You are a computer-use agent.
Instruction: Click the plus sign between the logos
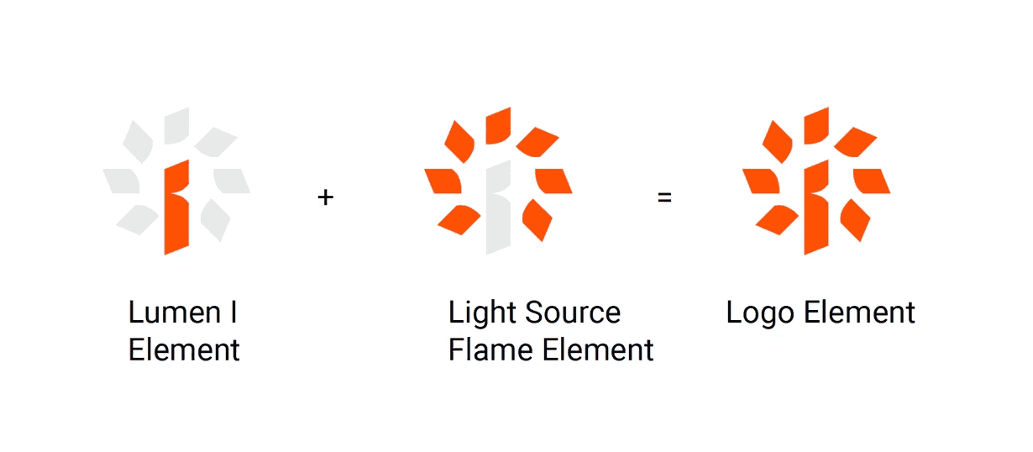(326, 198)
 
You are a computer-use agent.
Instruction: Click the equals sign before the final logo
(664, 198)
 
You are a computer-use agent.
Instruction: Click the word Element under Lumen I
(184, 350)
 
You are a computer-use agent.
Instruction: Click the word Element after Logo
(858, 313)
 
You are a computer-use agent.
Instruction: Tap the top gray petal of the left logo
(177, 125)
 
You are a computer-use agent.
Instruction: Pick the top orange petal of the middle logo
(499, 125)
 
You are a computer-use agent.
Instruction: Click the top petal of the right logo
(817, 125)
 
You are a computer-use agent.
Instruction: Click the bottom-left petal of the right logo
(778, 219)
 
